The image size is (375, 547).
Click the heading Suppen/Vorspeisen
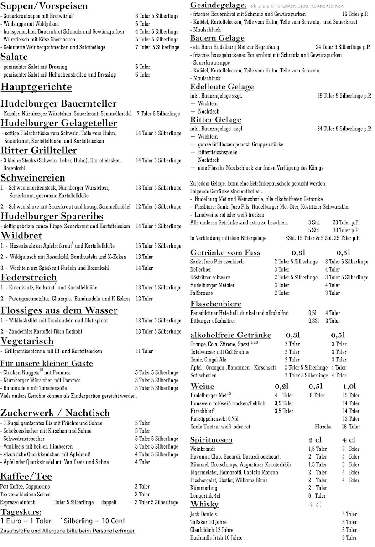44,6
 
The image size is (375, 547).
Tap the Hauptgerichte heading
36,87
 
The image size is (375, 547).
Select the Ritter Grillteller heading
41,151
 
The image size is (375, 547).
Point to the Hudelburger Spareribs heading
52,216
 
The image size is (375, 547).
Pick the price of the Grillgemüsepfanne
144,351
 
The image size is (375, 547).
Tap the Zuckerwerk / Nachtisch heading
55,413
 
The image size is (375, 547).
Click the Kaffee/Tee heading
26,477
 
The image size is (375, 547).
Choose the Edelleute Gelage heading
222,87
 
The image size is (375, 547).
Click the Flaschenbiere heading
216,304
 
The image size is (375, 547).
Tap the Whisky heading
204,504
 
